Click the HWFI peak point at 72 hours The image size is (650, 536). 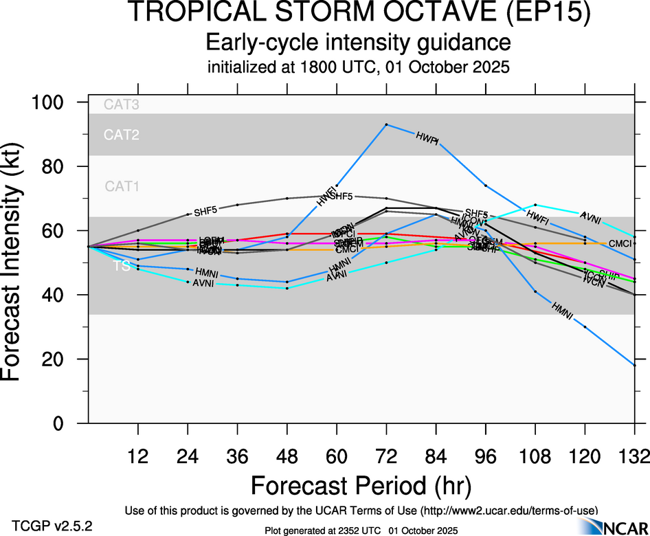[387, 124]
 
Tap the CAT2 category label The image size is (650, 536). [122, 135]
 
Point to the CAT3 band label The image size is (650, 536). [122, 105]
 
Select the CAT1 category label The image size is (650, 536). [122, 186]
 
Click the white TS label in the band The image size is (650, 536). [122, 267]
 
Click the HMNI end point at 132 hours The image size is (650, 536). [634, 366]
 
